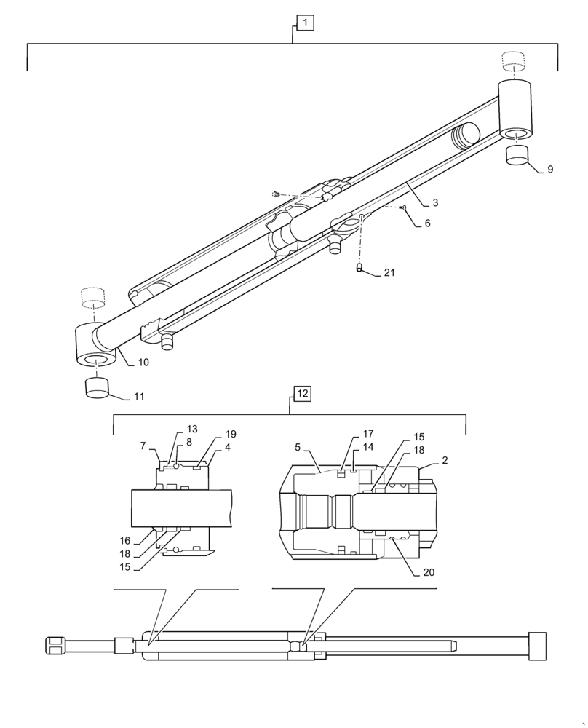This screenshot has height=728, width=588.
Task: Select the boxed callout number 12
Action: (x=302, y=393)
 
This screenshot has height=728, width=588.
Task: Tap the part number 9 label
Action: (x=550, y=170)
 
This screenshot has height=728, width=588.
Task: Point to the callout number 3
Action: (x=434, y=203)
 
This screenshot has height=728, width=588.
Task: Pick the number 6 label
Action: (x=427, y=223)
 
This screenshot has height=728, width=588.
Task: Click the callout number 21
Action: (x=389, y=273)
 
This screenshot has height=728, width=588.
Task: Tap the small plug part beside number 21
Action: (x=359, y=269)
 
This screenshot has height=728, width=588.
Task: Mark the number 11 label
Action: (x=138, y=397)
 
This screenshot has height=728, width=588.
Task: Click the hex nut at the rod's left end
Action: (x=55, y=646)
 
